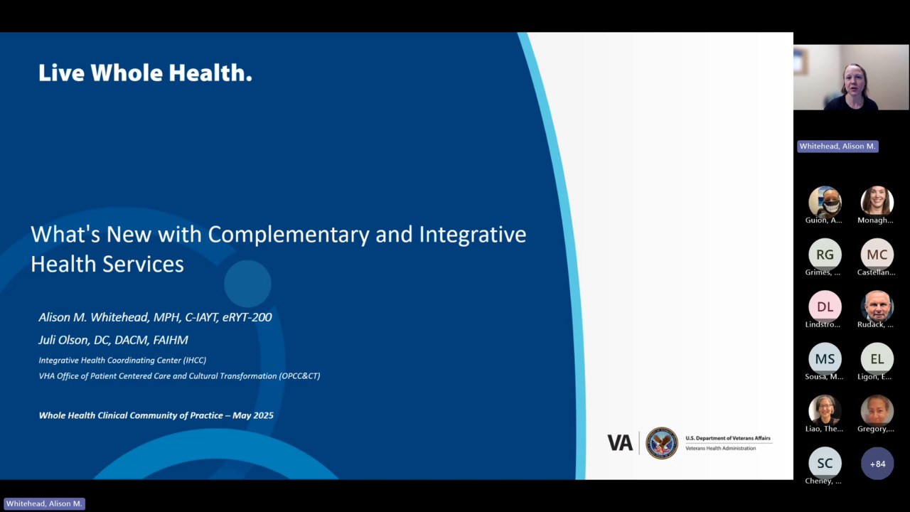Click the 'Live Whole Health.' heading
coord(145,73)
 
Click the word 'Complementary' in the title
coord(289,235)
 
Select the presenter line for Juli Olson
coord(113,340)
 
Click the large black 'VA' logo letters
coord(620,443)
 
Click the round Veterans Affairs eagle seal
coord(662,443)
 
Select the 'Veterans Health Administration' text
coord(721,448)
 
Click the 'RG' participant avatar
coord(825,255)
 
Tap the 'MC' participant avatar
coord(877,255)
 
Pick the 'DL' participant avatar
coord(825,306)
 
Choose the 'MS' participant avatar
coord(825,359)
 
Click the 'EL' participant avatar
coord(877,359)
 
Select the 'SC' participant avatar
coord(825,463)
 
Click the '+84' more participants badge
coord(877,464)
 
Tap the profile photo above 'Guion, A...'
coord(825,203)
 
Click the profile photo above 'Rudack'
coord(877,306)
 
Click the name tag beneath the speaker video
coord(837,146)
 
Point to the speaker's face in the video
coord(854,80)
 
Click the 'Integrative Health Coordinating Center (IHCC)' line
coord(122,360)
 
